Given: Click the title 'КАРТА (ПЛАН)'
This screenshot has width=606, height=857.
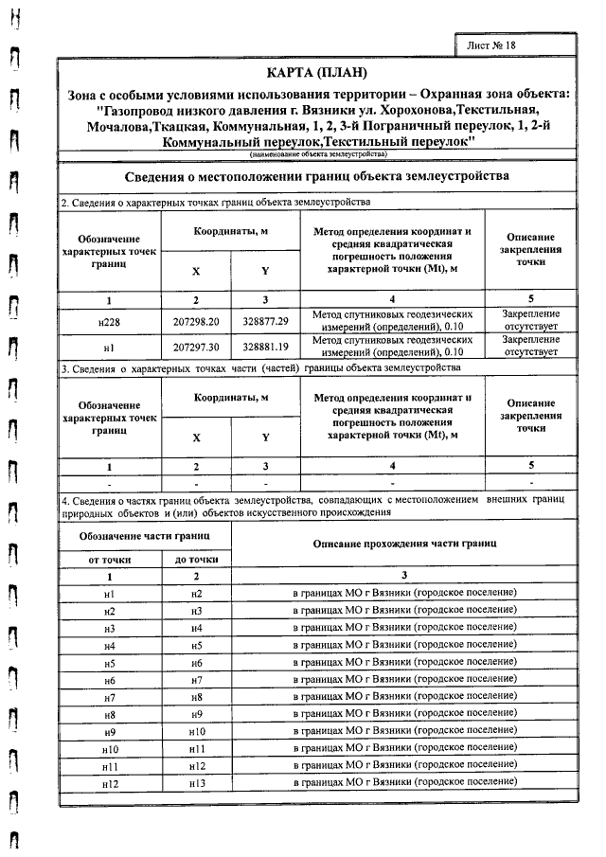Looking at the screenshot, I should click(317, 73).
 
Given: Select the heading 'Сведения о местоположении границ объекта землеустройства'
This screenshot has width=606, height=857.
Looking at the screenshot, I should click(317, 177).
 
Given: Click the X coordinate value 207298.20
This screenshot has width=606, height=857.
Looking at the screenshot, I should click(196, 321).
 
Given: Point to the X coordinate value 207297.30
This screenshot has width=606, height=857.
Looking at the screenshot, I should click(196, 347).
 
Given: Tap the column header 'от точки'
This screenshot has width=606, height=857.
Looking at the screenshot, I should click(109, 560).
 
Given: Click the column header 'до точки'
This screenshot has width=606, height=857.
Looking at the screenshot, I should click(196, 560).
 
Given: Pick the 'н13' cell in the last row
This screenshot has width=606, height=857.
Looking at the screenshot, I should click(196, 783).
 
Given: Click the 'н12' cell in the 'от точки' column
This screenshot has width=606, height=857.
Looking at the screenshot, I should click(109, 783).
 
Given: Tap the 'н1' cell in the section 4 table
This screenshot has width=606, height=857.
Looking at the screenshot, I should click(109, 593).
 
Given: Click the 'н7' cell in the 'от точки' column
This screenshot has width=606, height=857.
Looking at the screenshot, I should click(109, 697).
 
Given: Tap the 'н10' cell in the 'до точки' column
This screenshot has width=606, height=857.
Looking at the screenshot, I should click(196, 732).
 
